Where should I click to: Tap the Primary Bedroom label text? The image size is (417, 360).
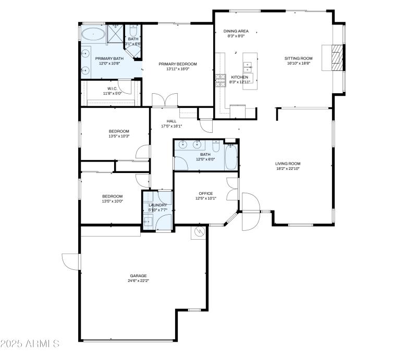pyautogui.click(x=178, y=64)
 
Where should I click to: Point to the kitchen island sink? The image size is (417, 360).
pyautogui.click(x=248, y=66)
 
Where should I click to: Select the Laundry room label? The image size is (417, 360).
pyautogui.click(x=157, y=205)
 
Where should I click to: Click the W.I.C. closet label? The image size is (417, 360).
pyautogui.click(x=112, y=88)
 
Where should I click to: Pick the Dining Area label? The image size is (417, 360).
pyautogui.click(x=235, y=31)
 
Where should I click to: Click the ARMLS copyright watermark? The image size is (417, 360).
pyautogui.click(x=30, y=344)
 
